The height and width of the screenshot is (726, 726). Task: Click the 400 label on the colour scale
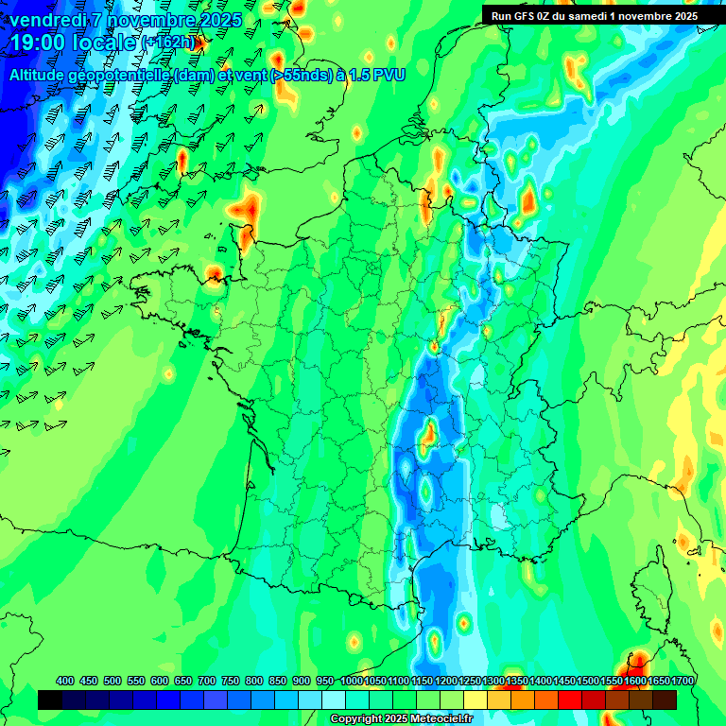(65, 681)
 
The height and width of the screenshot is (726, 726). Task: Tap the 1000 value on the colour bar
(352, 681)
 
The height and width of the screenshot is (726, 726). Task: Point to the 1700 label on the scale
(683, 681)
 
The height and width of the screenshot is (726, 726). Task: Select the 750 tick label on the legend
(231, 681)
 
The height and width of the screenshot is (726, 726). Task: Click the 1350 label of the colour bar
(516, 681)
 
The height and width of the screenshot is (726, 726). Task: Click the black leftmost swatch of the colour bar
(50, 700)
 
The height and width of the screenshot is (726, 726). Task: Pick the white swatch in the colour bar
(334, 700)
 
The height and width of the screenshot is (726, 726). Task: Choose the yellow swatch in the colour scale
(475, 700)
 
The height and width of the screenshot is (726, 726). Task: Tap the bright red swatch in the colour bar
(570, 700)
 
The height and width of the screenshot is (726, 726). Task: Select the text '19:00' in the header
(36, 43)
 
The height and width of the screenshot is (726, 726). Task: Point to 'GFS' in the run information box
(527, 16)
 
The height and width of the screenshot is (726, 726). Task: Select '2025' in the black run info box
(681, 16)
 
